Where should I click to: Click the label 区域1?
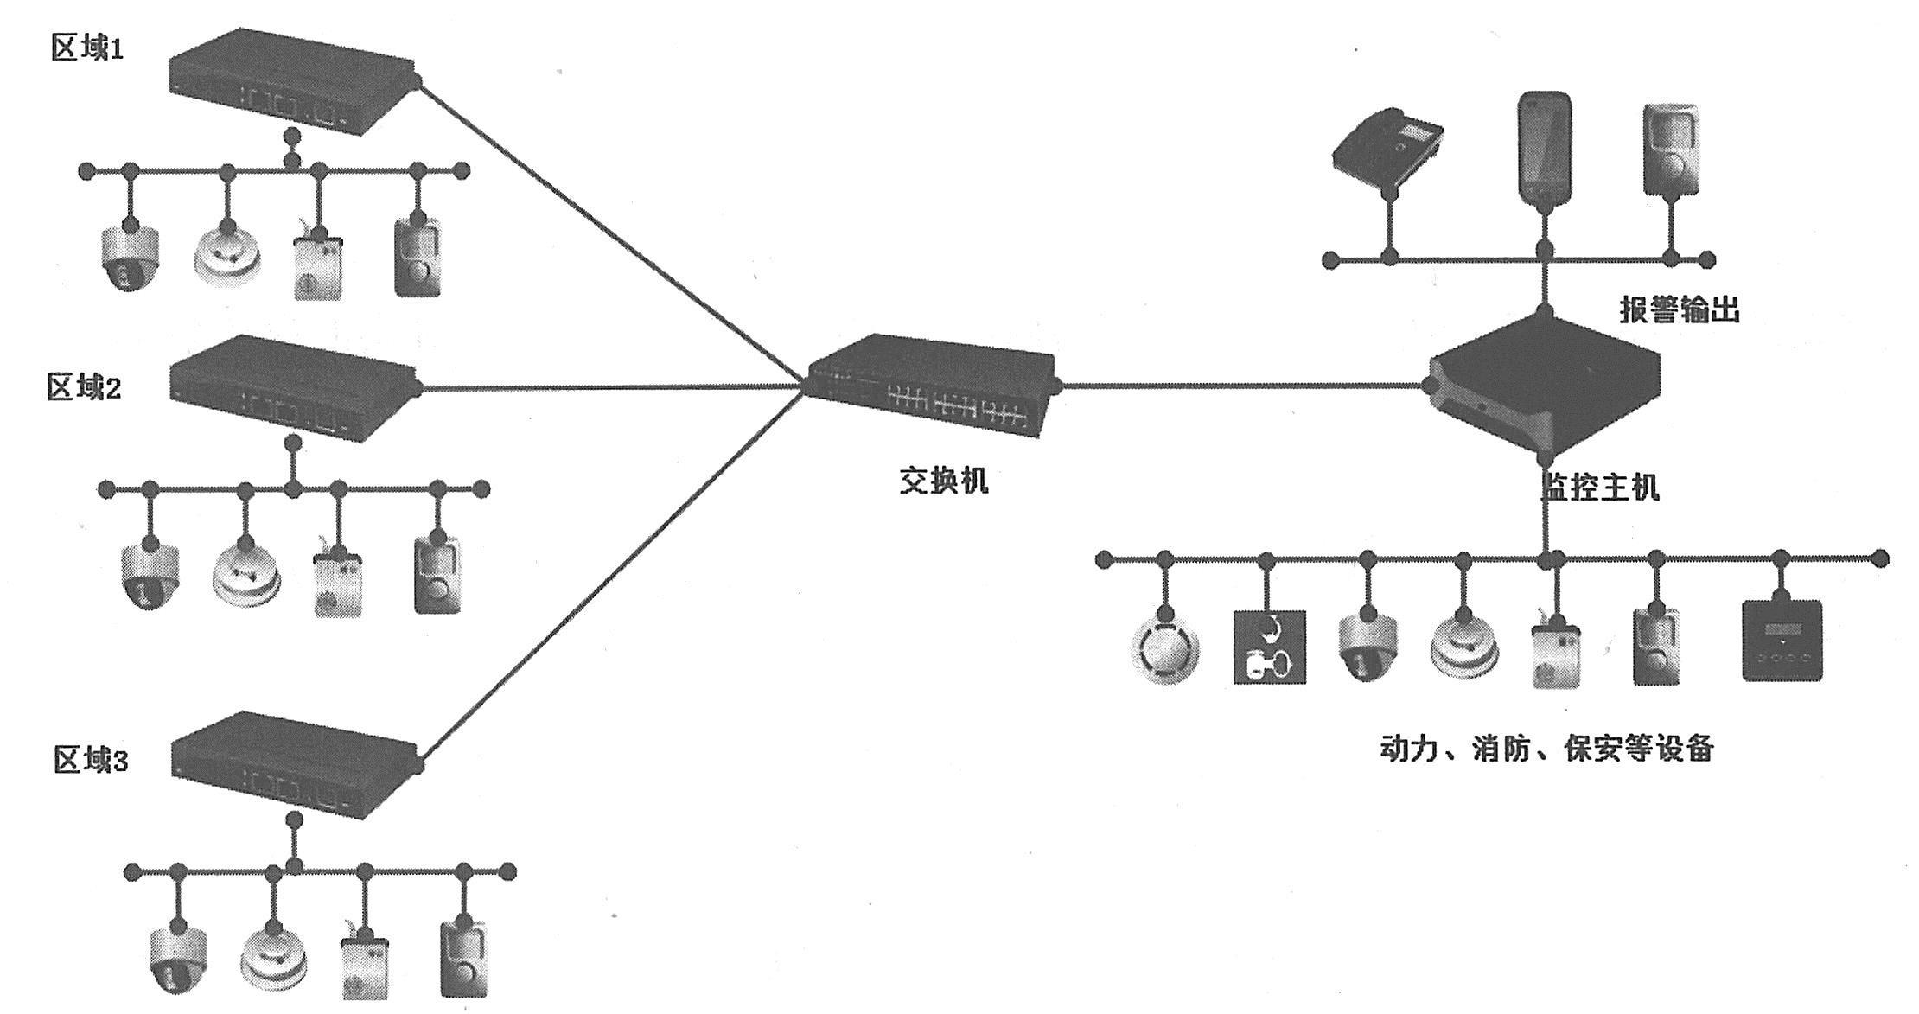[x=87, y=49]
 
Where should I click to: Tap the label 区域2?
[x=84, y=388]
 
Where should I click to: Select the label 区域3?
[x=90, y=761]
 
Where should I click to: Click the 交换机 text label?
[x=943, y=480]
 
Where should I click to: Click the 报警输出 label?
[x=1679, y=309]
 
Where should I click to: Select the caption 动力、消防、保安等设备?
[x=1546, y=749]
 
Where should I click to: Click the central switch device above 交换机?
[x=932, y=385]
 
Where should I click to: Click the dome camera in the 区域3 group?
[x=178, y=961]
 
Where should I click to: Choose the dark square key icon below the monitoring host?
[x=1268, y=647]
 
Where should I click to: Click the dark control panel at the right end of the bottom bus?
[x=1782, y=641]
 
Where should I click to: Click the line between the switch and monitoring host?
[x=1240, y=386]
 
